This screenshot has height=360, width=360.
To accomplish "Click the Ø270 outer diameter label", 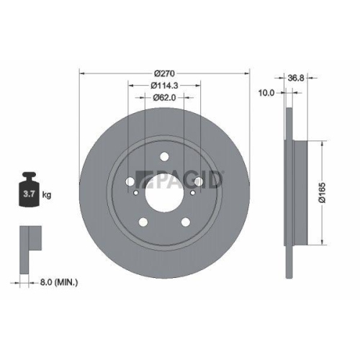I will (x=164, y=73).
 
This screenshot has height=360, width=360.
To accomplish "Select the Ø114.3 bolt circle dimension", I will (x=164, y=86).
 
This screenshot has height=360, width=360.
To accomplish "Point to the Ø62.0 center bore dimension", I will (x=164, y=99).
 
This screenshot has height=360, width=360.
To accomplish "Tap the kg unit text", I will (x=47, y=194).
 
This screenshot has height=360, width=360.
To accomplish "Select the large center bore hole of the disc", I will (x=164, y=193).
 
